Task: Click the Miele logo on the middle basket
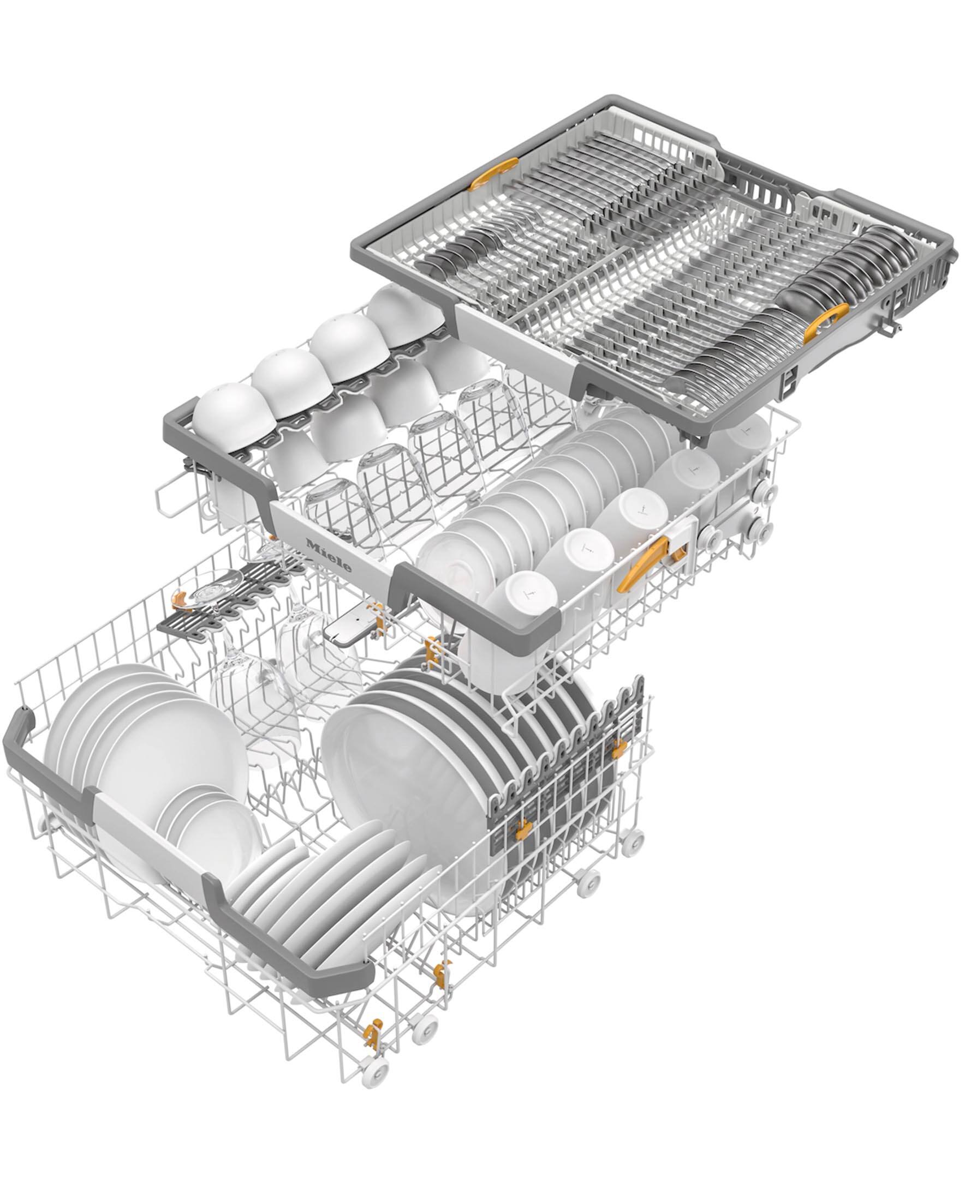tap(329, 555)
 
